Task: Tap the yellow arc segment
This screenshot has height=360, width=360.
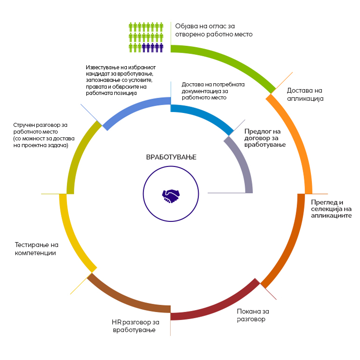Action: click(x=70, y=234)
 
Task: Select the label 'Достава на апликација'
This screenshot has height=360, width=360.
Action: click(x=306, y=94)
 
